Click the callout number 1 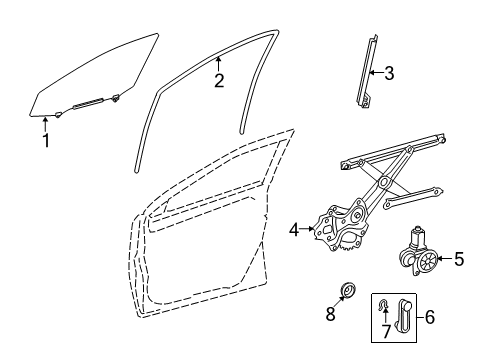point(46,140)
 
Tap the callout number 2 point(219,81)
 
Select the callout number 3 point(389,73)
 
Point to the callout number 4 point(294,230)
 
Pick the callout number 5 point(459,259)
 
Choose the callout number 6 point(430,317)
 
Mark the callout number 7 point(386,331)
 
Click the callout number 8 point(330,314)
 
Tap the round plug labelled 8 point(349,290)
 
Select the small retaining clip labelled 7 point(383,304)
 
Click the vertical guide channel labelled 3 point(367,72)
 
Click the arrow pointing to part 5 point(445,259)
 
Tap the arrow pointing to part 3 point(377,73)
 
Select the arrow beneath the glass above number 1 point(45,124)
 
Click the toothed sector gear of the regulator point(348,245)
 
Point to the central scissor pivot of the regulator point(384,182)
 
